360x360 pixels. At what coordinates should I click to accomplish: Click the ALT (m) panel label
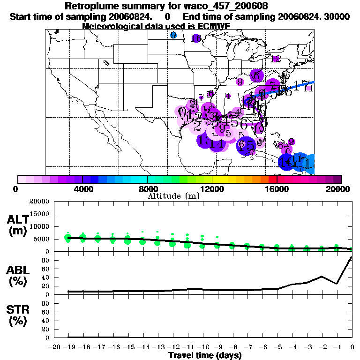[19, 225]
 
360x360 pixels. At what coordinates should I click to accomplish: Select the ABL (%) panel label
[19, 276]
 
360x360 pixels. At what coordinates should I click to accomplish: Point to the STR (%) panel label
[19, 315]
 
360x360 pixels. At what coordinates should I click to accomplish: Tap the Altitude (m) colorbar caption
[174, 196]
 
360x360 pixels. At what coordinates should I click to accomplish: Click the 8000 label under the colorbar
[147, 189]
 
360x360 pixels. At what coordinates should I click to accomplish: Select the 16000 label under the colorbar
[277, 189]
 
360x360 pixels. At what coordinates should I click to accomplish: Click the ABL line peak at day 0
[352, 257]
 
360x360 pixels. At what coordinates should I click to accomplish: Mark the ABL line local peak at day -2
[322, 277]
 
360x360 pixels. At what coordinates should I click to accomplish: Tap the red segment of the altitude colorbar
[272, 179]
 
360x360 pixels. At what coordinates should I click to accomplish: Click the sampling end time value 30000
[337, 16]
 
